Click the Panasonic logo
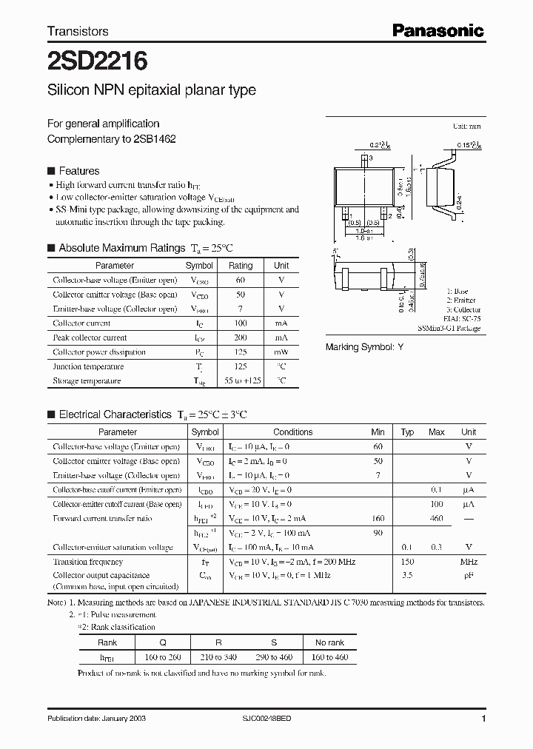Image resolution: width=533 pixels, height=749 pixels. click(438, 30)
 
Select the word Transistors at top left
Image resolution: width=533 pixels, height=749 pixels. click(78, 31)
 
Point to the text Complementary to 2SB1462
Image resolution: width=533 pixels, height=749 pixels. click(112, 138)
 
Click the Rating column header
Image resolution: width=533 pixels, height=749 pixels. click(241, 265)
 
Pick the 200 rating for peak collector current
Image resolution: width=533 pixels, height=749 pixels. click(241, 337)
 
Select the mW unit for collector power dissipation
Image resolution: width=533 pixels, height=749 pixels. click(281, 352)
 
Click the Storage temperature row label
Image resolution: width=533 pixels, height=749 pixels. click(87, 381)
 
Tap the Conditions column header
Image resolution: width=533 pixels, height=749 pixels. click(292, 432)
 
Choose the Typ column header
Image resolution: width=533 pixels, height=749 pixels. click(407, 432)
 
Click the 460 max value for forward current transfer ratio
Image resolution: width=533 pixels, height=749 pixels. click(436, 519)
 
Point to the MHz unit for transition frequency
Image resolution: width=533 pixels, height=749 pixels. click(468, 562)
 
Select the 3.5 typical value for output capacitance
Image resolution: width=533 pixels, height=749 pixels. click(407, 575)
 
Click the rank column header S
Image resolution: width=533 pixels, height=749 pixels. click(275, 642)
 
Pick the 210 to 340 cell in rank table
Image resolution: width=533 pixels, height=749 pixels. click(219, 657)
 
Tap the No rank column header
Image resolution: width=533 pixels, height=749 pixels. click(329, 642)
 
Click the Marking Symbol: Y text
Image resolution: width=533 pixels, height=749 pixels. click(365, 347)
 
